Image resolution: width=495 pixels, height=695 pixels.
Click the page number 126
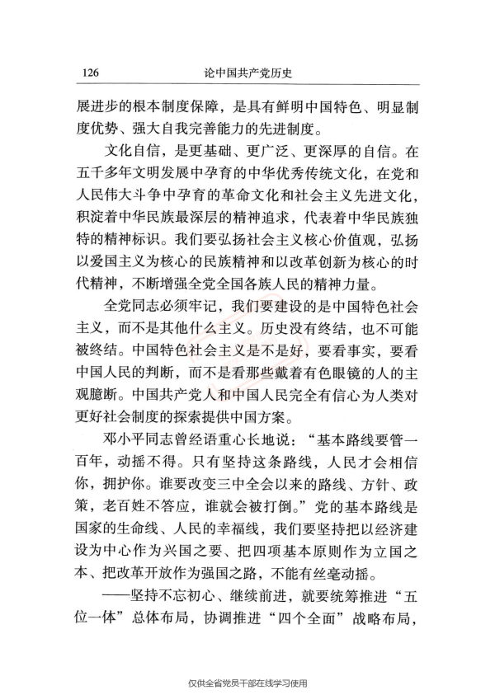(92, 73)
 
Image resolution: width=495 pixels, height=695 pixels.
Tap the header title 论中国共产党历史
(249, 73)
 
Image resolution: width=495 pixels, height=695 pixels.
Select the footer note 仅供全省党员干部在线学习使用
(247, 683)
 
